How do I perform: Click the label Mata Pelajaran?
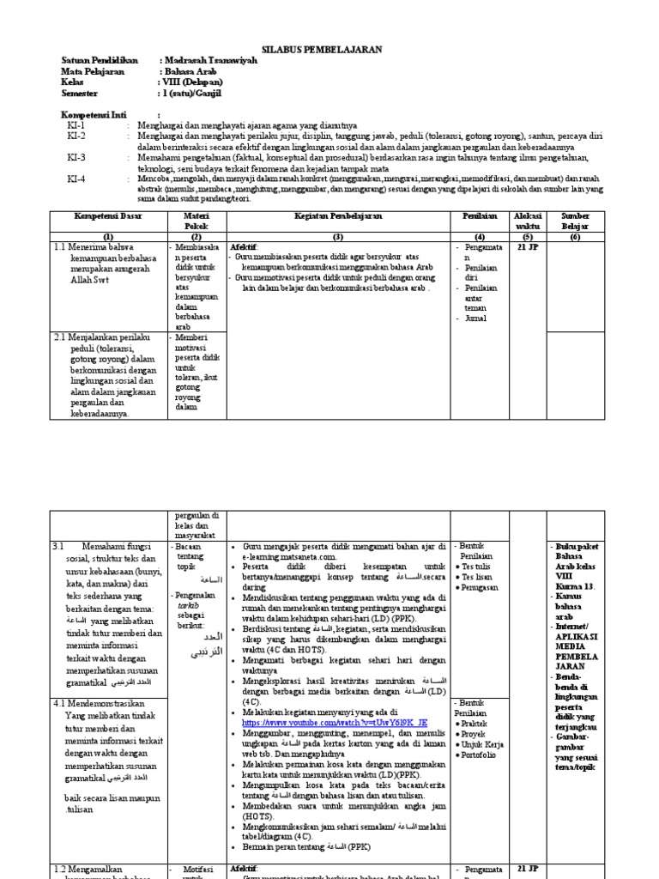pos(93,72)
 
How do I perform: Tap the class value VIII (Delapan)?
pos(193,82)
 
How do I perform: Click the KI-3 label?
pos(76,158)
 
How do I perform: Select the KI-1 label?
pos(76,125)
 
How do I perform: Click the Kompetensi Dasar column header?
pos(107,216)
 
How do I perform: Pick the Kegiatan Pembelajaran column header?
pos(337,216)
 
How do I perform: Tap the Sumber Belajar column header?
pos(575,221)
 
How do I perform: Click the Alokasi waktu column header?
pos(527,221)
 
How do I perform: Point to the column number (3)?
pos(337,236)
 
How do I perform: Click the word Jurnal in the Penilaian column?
pos(475,318)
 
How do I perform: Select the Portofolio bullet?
pos(484,755)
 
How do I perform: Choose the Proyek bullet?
pos(476,735)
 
